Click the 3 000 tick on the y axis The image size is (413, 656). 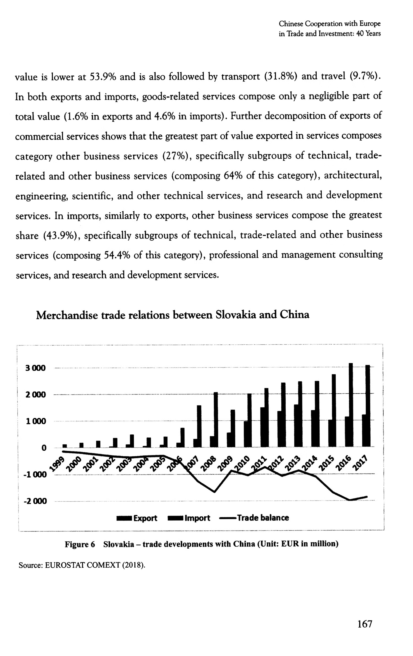[x=36, y=368]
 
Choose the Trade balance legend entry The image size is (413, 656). [x=254, y=518]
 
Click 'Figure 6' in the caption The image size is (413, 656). [x=80, y=544]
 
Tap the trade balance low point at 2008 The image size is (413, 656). [x=214, y=492]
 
